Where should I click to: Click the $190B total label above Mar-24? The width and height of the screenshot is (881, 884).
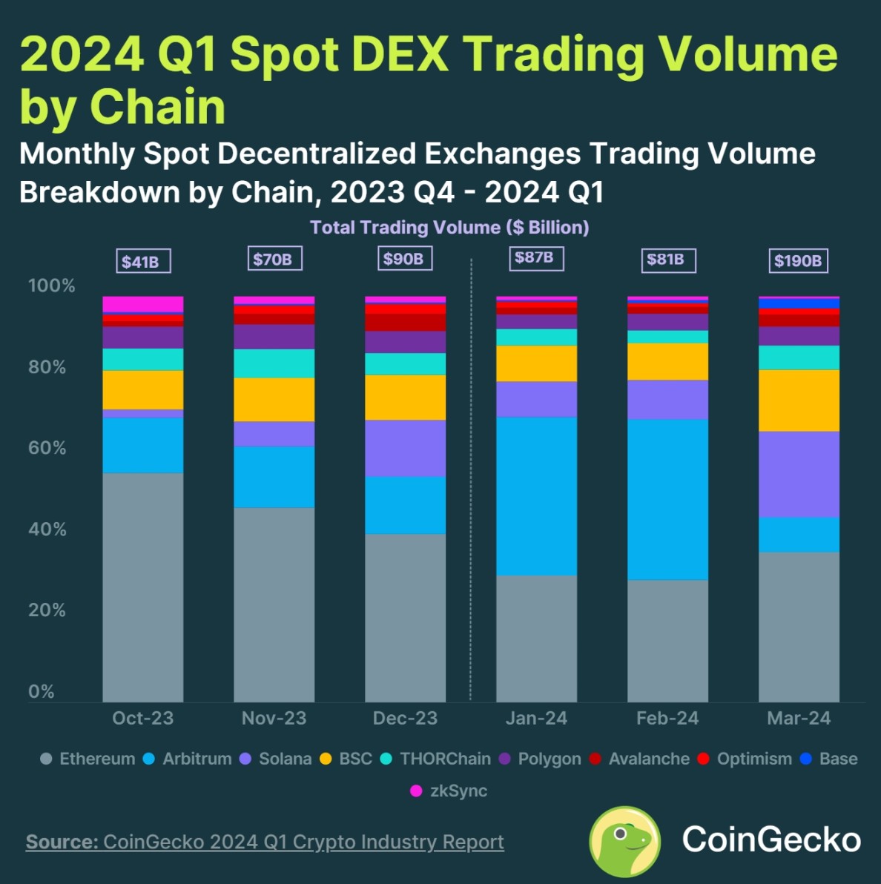(x=798, y=261)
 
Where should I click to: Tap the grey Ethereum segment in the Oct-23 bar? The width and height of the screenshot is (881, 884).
(x=142, y=586)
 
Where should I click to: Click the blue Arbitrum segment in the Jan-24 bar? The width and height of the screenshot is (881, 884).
(x=536, y=495)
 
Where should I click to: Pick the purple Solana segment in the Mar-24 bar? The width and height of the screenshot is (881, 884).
(x=799, y=474)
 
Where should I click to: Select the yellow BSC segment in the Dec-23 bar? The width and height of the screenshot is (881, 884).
(x=405, y=398)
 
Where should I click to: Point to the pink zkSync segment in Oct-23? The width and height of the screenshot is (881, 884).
(x=142, y=304)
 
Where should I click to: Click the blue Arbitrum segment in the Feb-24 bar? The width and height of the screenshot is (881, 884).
(x=667, y=499)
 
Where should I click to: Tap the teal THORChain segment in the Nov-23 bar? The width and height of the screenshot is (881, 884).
(x=274, y=363)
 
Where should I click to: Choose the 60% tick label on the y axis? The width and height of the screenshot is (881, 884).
(x=47, y=448)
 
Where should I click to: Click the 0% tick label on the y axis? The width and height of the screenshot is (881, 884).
(x=42, y=691)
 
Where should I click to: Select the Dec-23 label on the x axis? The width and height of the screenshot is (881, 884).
(x=405, y=718)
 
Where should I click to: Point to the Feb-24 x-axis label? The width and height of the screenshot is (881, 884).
(x=667, y=718)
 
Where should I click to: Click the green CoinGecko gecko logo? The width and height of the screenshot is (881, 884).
(x=624, y=841)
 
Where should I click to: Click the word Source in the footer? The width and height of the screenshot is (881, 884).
(x=62, y=842)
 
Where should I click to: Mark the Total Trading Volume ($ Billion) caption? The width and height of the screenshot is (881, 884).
(x=449, y=227)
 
